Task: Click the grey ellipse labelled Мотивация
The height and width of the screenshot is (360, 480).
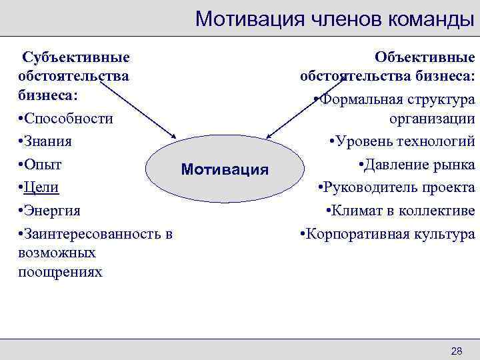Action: coord(226,169)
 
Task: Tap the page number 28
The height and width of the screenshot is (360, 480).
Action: coord(457,351)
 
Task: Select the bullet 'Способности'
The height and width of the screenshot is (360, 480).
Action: coord(66,119)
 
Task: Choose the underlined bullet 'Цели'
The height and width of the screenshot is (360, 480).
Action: coord(42,187)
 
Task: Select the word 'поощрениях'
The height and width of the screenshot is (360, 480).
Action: coord(61,271)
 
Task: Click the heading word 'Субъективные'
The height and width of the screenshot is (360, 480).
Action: coord(75,58)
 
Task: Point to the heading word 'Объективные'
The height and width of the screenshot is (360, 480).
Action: coord(425,58)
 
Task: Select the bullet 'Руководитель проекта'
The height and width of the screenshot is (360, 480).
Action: coord(397,187)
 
